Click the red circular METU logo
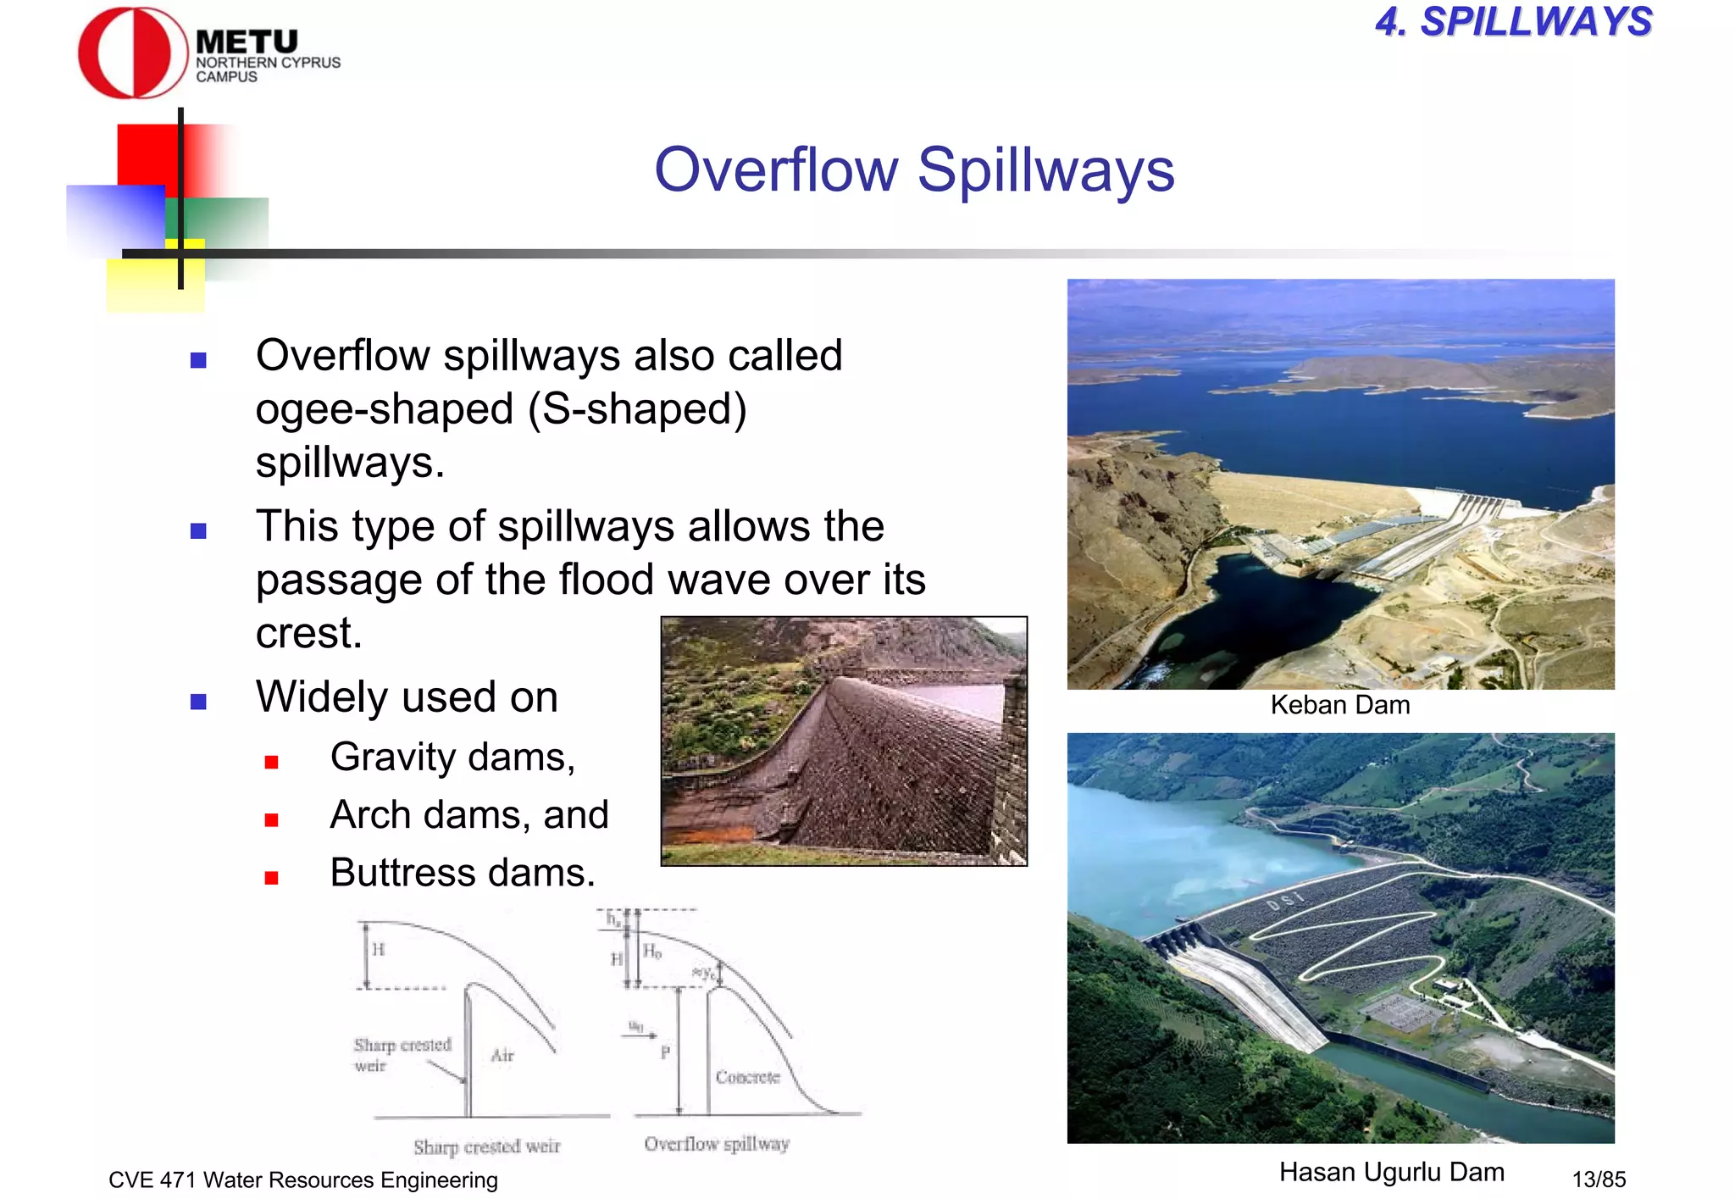(131, 53)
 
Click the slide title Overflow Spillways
(913, 169)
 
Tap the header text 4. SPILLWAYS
(1513, 22)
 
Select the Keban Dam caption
(1339, 705)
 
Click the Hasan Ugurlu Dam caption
(1391, 1172)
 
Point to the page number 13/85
(1599, 1179)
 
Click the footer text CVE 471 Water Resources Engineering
(303, 1180)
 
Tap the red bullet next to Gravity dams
(271, 762)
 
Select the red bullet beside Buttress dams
(271, 878)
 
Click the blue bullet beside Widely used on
(199, 701)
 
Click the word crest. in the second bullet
(309, 634)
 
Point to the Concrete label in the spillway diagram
(746, 1077)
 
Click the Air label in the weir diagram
(502, 1055)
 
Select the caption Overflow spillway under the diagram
(716, 1144)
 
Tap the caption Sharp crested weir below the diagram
(486, 1146)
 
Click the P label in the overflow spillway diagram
(665, 1052)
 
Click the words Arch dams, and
(468, 815)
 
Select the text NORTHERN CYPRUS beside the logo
(268, 63)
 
